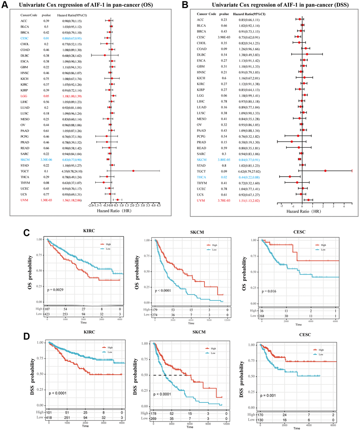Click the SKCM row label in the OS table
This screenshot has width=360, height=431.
coord(25,160)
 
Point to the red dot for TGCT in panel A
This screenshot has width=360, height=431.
coord(133,171)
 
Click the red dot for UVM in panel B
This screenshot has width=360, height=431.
coord(308,200)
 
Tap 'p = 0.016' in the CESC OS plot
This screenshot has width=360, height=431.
coord(269,291)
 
